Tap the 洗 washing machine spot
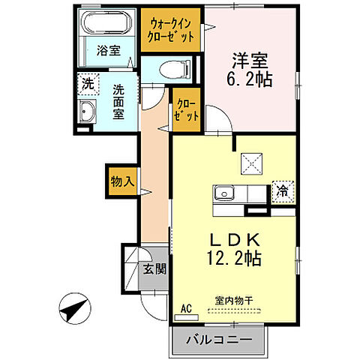pos(88,83)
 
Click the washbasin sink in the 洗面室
pos(88,114)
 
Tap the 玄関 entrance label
pos(154,271)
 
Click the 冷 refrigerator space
pos(283,192)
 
